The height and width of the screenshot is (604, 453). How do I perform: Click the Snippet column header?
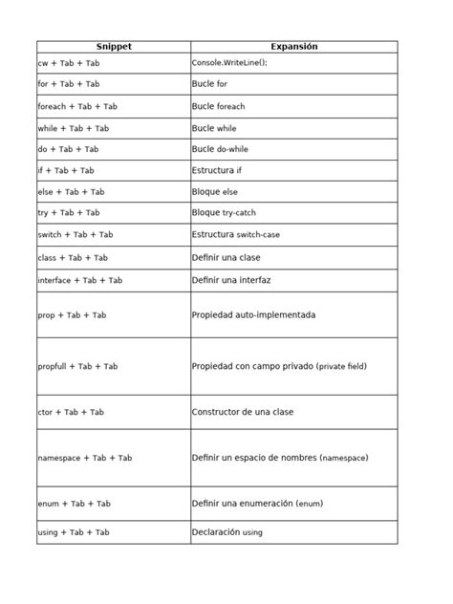click(113, 47)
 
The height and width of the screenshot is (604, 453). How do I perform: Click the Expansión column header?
click(293, 47)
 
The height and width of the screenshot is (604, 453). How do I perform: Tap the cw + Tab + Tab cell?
click(68, 63)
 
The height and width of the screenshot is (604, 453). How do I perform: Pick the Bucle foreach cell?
click(218, 106)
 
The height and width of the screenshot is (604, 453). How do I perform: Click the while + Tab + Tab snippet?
click(74, 128)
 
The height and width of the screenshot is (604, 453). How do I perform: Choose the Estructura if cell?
click(217, 170)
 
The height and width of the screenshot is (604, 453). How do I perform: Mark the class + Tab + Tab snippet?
click(73, 258)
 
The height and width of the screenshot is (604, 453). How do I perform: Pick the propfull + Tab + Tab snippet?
click(77, 366)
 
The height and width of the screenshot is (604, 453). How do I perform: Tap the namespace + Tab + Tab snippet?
click(84, 458)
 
